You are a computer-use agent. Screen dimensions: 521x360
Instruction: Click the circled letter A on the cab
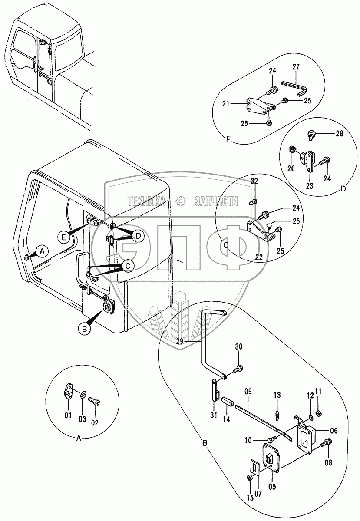click(42, 251)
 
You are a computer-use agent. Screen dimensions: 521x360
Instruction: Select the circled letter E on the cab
click(64, 237)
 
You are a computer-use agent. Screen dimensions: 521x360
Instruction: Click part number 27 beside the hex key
click(296, 68)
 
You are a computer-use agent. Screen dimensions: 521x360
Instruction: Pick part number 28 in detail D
click(339, 134)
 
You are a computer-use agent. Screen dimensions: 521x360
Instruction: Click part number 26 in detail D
click(291, 168)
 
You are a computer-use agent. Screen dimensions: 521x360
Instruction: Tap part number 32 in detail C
click(254, 181)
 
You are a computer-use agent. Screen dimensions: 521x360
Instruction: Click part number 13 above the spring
click(277, 395)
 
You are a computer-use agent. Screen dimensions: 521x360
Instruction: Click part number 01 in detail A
click(68, 416)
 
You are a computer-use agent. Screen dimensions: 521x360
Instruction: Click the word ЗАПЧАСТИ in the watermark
click(217, 201)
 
